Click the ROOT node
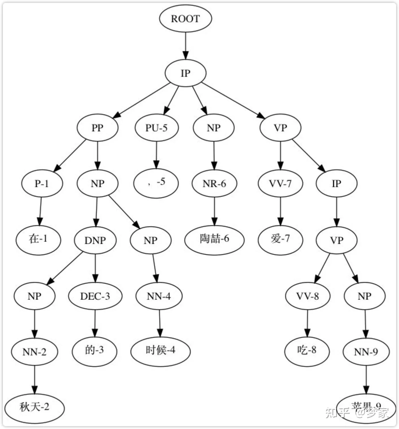[x=185, y=18]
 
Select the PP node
[x=97, y=128]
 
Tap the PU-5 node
[x=156, y=128]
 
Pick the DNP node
[x=95, y=240]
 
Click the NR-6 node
[x=214, y=183]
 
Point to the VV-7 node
[x=280, y=183]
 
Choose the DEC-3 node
[x=95, y=296]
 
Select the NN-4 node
[x=159, y=296]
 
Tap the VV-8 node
[x=308, y=296]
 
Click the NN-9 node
[x=366, y=352]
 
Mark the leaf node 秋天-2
[x=34, y=407]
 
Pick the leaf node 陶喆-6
[x=214, y=239]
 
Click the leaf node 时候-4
[x=160, y=350]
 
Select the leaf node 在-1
[x=38, y=239]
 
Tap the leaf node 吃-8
[x=307, y=350]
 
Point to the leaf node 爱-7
[x=280, y=239]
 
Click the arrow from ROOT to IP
[x=186, y=46]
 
